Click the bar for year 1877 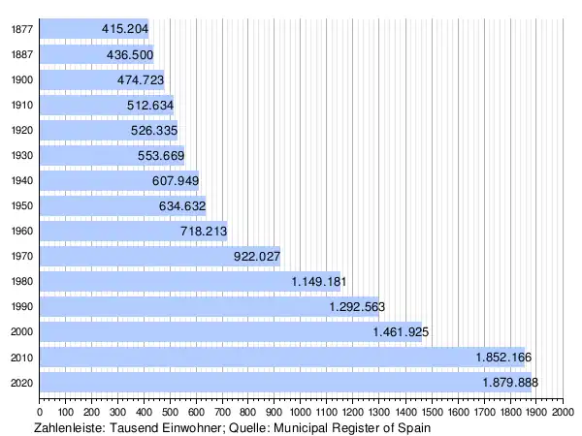point(78,29)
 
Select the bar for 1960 point(107,231)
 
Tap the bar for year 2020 point(242,382)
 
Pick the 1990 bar point(175,306)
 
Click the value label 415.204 point(125,29)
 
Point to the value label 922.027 point(257,256)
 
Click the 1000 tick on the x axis point(301,414)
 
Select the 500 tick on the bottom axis point(171,414)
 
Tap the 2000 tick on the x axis point(563,414)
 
